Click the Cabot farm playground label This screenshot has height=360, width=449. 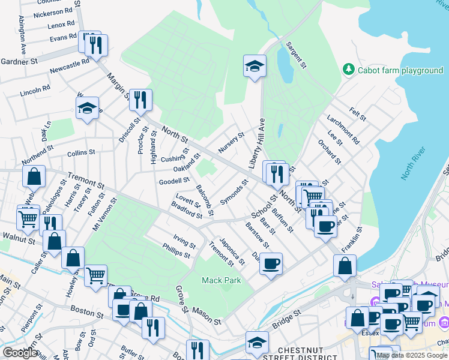point(400,70)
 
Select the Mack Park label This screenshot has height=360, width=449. point(221,280)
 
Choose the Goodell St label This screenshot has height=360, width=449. point(173,181)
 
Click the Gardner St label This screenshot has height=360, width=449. point(19,61)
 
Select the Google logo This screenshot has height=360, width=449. point(20,353)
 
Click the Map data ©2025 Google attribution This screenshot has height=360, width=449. point(412,355)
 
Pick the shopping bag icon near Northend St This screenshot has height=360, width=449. point(34,176)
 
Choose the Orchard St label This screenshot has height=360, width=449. point(330,153)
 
